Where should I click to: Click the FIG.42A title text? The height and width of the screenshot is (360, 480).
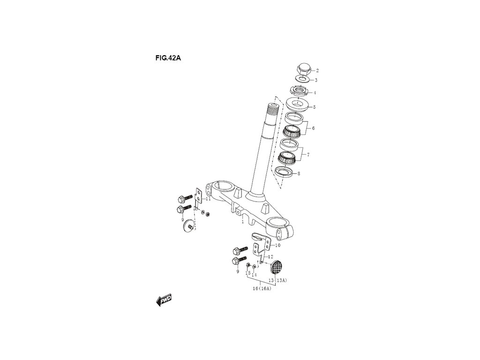click(x=168, y=59)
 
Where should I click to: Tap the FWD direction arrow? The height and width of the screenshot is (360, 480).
click(x=164, y=300)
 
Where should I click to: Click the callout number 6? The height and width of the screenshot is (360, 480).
click(x=313, y=128)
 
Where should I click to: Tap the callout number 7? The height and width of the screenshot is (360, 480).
click(x=308, y=154)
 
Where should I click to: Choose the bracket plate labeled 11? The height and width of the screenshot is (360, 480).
click(x=198, y=196)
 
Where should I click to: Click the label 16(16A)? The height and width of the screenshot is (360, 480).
click(x=262, y=289)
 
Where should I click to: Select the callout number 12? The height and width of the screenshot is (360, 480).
click(x=270, y=257)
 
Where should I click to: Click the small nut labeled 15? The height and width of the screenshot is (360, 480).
click(x=248, y=266)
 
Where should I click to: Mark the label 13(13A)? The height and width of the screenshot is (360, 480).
click(x=277, y=280)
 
